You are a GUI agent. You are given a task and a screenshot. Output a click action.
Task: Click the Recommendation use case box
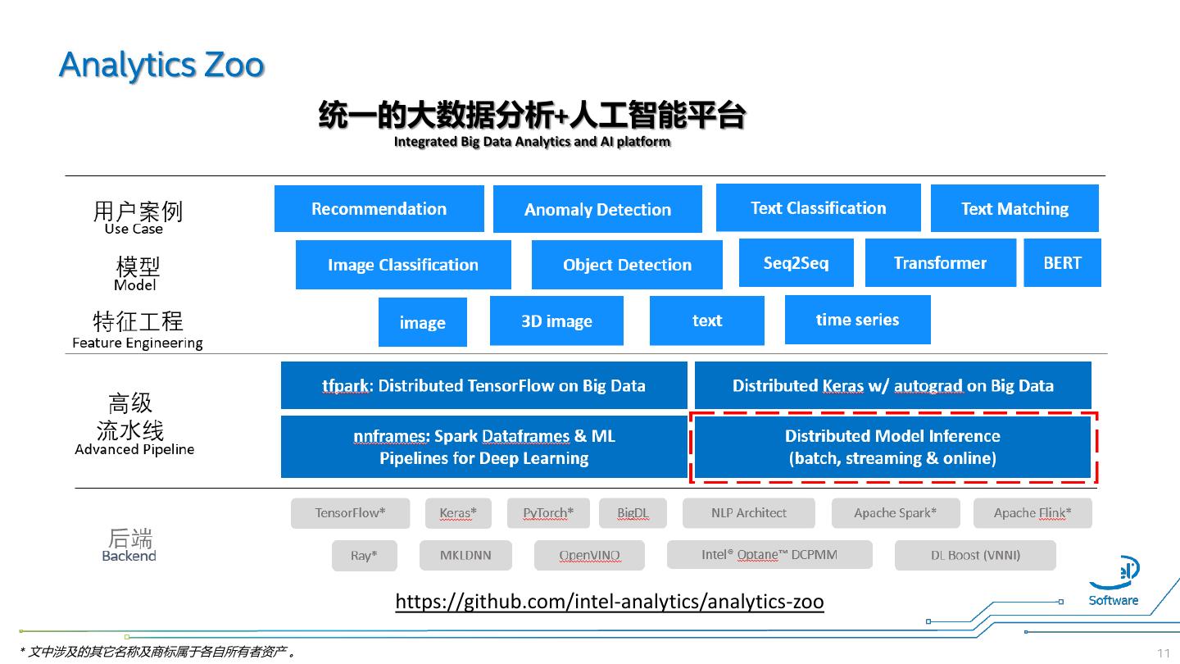379,209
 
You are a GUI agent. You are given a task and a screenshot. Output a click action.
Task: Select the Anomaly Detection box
597,210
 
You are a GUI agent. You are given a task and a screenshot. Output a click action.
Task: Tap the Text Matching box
1014,209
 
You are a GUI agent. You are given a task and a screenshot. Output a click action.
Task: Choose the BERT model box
1062,263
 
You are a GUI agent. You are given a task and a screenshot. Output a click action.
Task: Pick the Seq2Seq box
796,263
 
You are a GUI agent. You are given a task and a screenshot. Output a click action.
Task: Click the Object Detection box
627,265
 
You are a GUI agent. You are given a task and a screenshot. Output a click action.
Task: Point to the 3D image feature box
556,321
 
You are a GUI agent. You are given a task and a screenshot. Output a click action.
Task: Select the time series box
857,320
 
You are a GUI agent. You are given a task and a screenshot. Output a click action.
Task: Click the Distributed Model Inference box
892,447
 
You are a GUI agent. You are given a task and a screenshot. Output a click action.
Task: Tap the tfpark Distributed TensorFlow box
483,385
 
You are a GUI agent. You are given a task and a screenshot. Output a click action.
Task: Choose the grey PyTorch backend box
548,513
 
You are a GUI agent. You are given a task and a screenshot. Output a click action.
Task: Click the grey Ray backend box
364,556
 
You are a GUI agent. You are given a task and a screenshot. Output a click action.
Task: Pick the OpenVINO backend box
589,556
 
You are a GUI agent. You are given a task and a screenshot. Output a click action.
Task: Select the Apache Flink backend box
1032,513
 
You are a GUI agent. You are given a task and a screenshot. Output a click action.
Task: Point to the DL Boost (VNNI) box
975,555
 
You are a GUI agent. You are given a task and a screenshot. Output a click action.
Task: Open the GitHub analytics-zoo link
609,602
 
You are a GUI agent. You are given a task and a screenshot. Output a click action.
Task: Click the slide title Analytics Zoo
161,65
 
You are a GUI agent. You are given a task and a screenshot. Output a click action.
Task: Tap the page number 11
1163,653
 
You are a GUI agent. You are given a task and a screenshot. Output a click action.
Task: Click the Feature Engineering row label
137,343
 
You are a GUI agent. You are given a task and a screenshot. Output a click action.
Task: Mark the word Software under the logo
1113,600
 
